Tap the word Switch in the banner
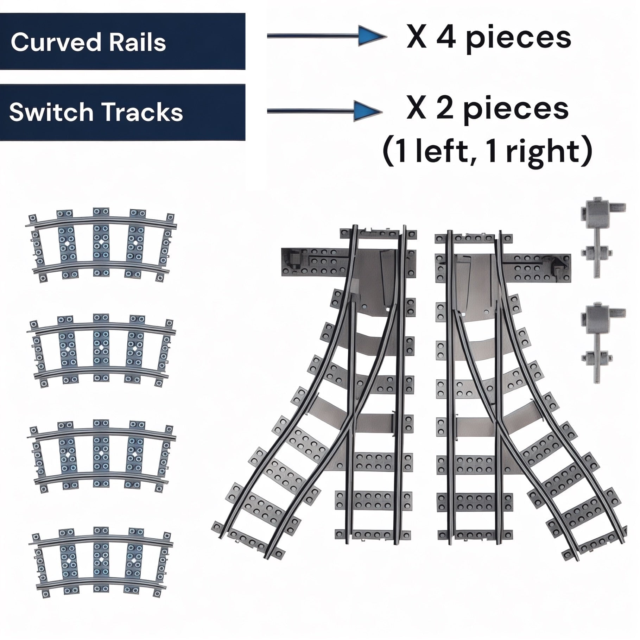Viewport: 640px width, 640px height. (50, 113)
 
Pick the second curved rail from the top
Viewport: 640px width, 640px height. (101, 350)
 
